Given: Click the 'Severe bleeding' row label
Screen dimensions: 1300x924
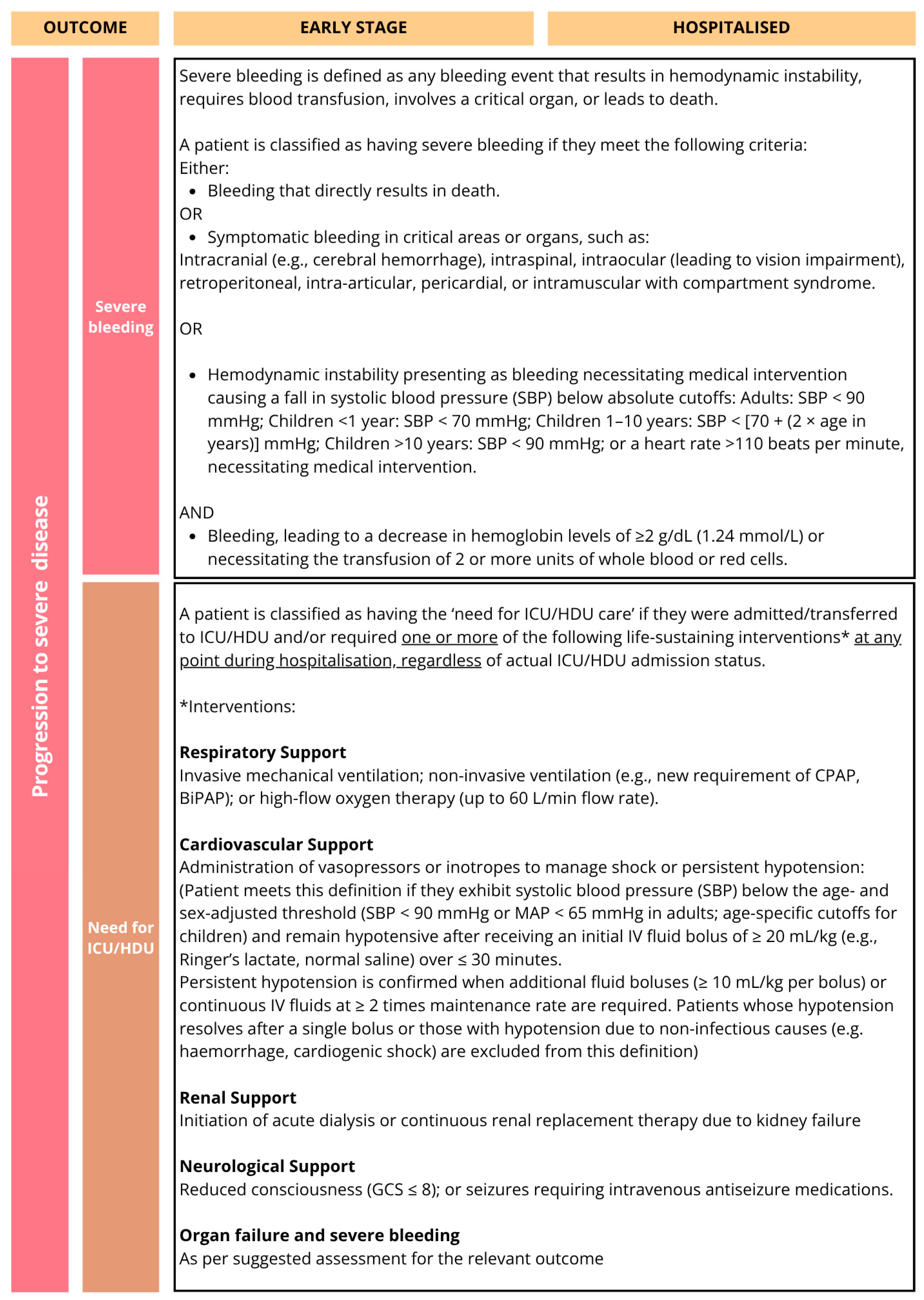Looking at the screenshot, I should (x=121, y=317).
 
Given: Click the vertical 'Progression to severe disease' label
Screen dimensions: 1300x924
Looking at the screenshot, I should (x=40, y=646).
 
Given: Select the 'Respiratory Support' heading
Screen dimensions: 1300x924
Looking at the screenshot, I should (x=262, y=752).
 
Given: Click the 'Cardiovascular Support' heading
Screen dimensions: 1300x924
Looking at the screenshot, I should (x=276, y=845).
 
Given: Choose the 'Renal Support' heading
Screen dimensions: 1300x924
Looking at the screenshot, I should (x=238, y=1098).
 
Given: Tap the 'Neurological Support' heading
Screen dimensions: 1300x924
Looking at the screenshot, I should (x=267, y=1167).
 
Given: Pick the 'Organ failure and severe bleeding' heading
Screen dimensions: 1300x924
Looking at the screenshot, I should (x=319, y=1236).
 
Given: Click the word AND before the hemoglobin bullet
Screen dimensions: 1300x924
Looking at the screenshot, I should (x=196, y=513).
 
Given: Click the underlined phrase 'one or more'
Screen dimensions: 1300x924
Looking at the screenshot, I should (x=449, y=637).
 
